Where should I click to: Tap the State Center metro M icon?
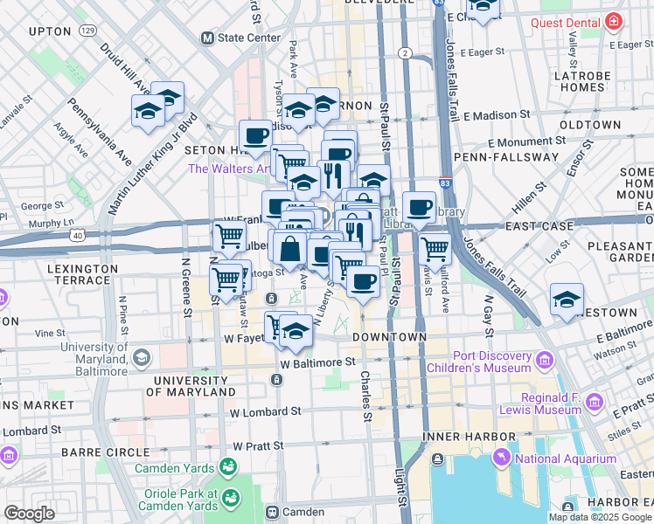(208, 38)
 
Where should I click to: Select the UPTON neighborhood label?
(50, 31)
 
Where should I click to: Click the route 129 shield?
(87, 31)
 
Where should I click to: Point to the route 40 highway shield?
(79, 235)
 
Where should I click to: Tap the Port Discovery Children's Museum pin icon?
(546, 360)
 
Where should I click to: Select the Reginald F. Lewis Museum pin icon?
(595, 402)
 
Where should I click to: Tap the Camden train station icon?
(272, 512)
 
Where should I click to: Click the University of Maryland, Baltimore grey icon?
(142, 357)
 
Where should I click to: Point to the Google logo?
(29, 513)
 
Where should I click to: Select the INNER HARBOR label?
(456, 436)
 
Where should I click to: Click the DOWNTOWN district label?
(389, 336)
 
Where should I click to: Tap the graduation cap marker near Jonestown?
(567, 299)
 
